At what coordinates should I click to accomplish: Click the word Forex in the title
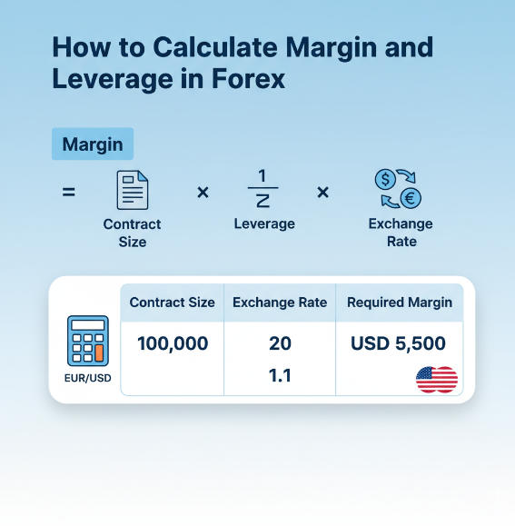242,79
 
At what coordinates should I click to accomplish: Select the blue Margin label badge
93,144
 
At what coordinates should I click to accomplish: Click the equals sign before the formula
69,193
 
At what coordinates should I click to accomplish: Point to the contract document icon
132,190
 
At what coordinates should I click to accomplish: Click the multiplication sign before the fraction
203,193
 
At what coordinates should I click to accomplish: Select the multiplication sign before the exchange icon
322,193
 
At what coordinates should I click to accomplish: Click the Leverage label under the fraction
264,223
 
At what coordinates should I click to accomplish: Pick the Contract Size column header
173,303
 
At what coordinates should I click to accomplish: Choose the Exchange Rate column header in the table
280,303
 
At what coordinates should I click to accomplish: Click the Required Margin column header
400,303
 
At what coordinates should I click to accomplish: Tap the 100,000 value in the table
173,343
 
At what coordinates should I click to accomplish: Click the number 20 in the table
280,343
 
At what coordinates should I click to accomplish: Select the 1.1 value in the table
280,374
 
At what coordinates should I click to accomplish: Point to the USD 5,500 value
398,343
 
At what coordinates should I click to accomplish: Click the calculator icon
88,340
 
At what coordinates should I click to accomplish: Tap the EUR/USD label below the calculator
88,377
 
